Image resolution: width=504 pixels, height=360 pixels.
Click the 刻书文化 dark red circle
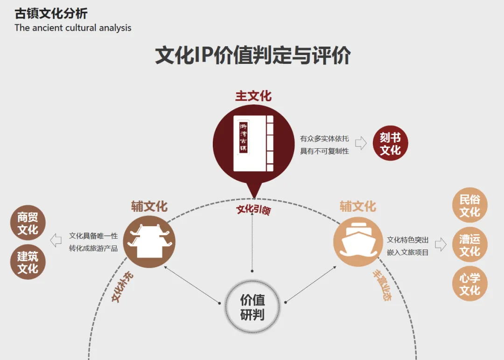click(390, 144)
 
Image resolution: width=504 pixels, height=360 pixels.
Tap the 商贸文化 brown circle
click(28, 223)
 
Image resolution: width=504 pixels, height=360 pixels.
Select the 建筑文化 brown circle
click(28, 263)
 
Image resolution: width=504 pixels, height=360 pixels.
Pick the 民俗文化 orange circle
click(469, 206)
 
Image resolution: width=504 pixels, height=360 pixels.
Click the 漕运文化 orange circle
click(469, 245)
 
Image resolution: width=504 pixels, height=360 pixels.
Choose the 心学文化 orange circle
click(469, 284)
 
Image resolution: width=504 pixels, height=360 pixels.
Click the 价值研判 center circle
click(252, 307)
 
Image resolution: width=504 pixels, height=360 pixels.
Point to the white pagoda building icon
click(150, 242)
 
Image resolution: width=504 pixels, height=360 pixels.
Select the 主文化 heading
click(253, 96)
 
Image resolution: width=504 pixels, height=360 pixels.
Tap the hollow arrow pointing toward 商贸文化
click(56, 241)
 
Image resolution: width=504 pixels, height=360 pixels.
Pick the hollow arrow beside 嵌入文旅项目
click(441, 244)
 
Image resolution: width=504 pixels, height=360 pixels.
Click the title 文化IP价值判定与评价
click(252, 55)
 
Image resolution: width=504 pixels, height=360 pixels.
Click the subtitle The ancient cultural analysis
click(73, 28)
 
